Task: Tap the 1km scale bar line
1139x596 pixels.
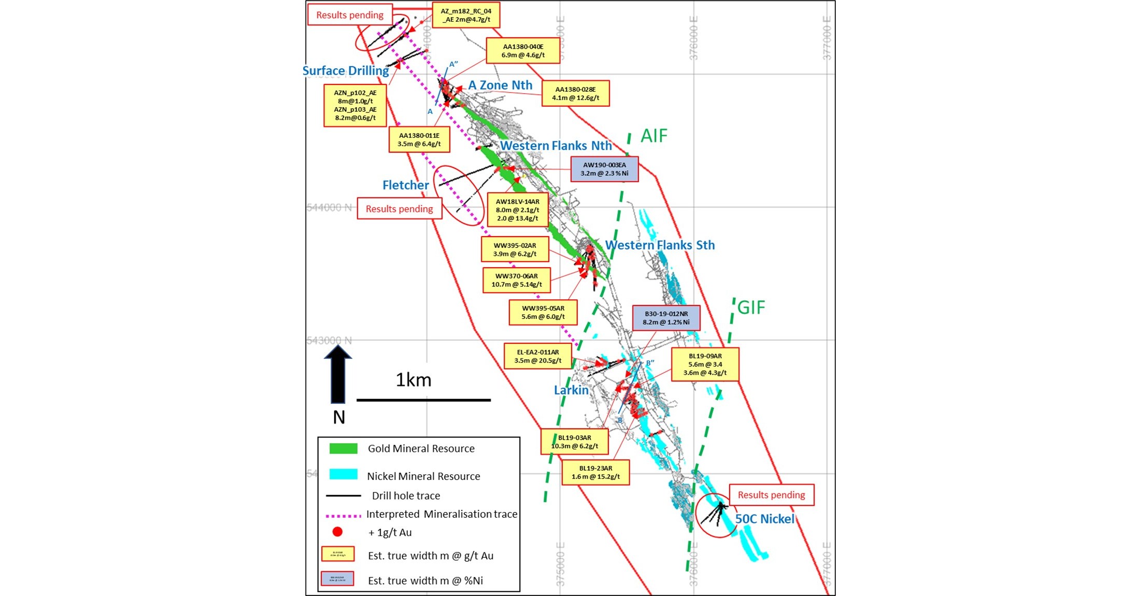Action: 423,400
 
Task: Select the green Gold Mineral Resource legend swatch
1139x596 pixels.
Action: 343,448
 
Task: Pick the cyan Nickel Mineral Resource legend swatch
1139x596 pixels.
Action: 343,474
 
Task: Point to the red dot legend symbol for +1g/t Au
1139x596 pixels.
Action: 337,532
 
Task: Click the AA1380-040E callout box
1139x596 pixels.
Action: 523,51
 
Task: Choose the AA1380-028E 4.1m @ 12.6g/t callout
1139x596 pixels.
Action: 575,93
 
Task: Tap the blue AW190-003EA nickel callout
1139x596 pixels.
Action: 604,169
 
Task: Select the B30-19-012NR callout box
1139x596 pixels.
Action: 666,318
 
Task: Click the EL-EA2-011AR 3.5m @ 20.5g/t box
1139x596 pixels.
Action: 537,356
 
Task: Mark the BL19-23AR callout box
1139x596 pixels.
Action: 595,472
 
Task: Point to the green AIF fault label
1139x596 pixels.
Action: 654,136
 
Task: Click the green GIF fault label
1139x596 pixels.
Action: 751,308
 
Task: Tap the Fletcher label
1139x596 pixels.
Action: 405,185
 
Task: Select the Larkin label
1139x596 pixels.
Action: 571,390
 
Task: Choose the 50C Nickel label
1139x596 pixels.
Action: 764,519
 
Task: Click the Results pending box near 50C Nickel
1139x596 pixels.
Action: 771,495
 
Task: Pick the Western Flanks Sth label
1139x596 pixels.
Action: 660,245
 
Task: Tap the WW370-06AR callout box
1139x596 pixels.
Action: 516,280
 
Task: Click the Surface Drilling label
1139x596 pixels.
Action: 346,71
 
